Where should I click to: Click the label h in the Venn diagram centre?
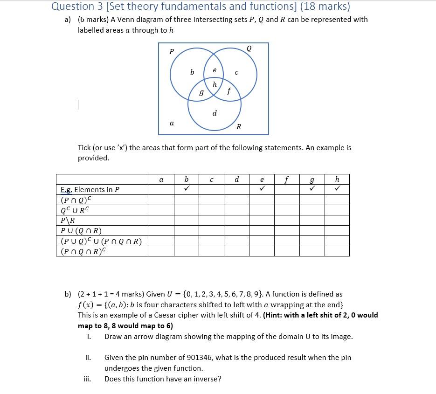(215, 85)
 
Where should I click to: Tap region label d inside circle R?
(215, 113)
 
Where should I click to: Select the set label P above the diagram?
(171, 52)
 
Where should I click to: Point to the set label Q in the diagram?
(249, 48)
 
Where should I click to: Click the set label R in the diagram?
(239, 127)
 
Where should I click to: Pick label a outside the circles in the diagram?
(172, 123)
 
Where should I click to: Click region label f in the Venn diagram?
(228, 91)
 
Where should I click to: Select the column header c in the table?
(212, 180)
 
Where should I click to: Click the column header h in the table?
(337, 180)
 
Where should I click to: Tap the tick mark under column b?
(187, 189)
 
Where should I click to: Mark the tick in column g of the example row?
(312, 189)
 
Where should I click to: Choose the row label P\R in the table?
(68, 221)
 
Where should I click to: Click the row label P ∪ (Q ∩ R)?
(81, 231)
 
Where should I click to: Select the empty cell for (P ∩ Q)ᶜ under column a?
(161, 200)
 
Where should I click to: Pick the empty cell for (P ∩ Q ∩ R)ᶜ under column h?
(337, 251)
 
